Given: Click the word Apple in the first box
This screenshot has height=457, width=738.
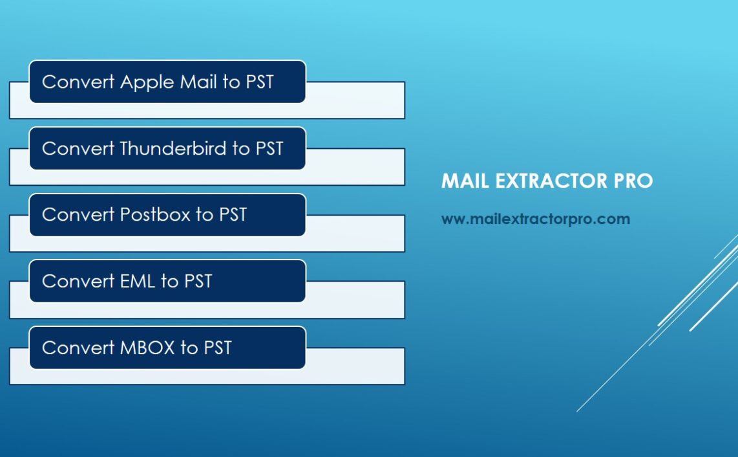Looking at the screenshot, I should (x=147, y=82).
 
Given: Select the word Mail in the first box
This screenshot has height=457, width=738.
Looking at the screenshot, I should (x=199, y=82).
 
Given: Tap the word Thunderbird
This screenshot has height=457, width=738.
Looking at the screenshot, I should (x=174, y=148).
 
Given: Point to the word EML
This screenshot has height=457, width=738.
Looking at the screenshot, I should (x=138, y=281).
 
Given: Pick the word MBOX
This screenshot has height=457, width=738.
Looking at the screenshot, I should (x=147, y=348).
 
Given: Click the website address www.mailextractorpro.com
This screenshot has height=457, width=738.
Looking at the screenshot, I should (x=535, y=219).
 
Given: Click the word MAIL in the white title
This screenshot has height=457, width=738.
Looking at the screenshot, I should (x=464, y=181).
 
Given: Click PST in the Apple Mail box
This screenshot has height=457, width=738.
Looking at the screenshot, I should (x=260, y=82).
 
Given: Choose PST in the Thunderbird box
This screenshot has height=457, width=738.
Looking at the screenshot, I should (x=269, y=148).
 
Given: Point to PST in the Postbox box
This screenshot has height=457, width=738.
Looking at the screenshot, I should (x=233, y=214).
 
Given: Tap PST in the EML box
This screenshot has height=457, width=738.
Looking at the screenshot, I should (x=198, y=281).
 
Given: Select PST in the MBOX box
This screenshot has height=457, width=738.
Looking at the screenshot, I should (x=217, y=348).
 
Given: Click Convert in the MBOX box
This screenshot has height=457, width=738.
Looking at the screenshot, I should (x=78, y=348).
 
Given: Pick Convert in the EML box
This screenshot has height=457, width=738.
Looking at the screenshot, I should (x=78, y=281).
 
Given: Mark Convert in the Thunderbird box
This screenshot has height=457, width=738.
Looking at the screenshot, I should (x=78, y=148).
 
